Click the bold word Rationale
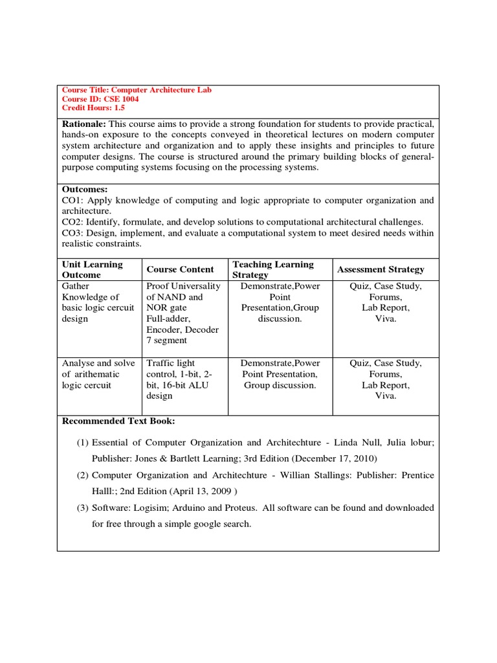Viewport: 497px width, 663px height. click(83, 123)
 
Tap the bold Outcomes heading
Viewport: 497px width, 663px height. click(85, 189)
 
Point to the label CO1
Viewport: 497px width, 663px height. click(72, 200)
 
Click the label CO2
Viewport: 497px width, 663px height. click(72, 222)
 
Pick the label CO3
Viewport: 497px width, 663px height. click(72, 233)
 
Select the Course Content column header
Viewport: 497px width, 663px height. click(180, 269)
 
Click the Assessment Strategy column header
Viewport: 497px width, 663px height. click(381, 269)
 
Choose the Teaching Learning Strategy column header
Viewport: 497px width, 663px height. click(272, 269)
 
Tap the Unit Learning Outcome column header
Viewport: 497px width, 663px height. click(92, 269)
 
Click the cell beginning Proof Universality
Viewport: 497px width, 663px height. click(183, 313)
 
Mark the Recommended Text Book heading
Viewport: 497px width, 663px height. click(118, 421)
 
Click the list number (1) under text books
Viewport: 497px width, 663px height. click(82, 443)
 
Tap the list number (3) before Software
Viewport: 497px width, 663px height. click(82, 508)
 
